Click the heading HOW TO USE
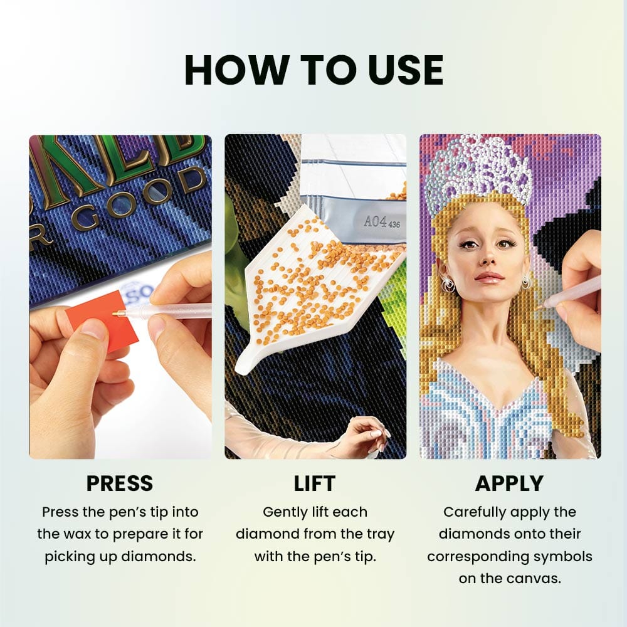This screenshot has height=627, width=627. pyautogui.click(x=313, y=70)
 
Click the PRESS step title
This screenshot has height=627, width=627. pyautogui.click(x=119, y=483)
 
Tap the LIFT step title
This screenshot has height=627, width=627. pyautogui.click(x=315, y=483)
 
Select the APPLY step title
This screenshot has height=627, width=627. pyautogui.click(x=508, y=483)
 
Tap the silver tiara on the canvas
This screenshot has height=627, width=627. pyautogui.click(x=479, y=169)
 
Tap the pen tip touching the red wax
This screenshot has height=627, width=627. pyautogui.click(x=116, y=313)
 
